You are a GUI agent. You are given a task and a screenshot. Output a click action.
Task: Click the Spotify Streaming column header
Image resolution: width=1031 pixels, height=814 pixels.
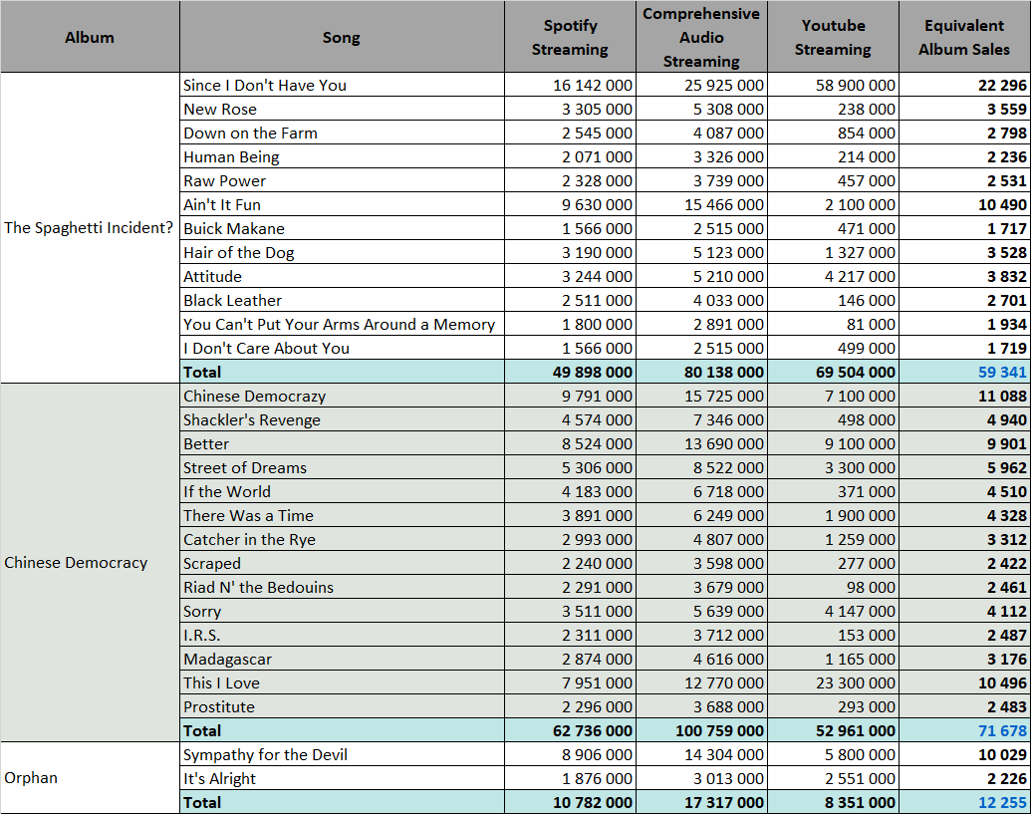570,38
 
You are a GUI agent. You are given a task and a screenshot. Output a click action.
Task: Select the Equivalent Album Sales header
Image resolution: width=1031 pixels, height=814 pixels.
964,38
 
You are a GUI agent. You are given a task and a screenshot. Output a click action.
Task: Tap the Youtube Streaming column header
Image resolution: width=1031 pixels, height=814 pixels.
833,38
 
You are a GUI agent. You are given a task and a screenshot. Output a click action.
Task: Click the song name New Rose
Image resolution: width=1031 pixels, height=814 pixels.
219,110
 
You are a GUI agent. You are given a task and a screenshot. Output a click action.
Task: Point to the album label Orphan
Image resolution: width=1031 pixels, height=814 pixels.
31,778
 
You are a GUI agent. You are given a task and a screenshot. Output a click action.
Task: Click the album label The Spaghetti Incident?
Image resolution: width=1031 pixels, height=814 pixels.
88,228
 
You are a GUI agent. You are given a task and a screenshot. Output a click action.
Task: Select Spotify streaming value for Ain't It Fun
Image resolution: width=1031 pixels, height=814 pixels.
597,204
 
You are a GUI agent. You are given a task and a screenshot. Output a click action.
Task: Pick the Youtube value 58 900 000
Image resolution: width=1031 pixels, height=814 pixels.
856,85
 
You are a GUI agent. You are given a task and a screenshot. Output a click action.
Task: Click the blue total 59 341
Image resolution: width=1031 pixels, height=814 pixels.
1002,373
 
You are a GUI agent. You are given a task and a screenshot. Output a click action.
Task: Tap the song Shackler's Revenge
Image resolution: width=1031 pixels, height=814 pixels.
252,420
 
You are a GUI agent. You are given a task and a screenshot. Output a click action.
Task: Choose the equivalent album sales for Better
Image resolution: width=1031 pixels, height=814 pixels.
1007,443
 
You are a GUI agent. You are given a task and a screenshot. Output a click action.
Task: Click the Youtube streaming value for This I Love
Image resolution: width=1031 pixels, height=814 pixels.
856,683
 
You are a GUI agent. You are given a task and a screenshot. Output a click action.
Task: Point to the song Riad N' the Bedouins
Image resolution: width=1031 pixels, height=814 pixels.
258,587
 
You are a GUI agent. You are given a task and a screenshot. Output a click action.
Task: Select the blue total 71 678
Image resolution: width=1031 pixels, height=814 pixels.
1002,731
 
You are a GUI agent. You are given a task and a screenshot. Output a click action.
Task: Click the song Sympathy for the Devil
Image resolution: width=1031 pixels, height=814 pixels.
265,755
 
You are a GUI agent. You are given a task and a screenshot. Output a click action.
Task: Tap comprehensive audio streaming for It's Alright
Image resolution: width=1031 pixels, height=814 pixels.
728,778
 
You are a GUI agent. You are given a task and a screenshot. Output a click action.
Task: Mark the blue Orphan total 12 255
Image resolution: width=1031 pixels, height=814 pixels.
1002,803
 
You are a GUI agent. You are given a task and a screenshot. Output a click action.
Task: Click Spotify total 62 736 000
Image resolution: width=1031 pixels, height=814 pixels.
593,731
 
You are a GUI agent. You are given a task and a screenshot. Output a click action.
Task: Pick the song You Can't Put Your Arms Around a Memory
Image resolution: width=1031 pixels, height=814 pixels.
340,324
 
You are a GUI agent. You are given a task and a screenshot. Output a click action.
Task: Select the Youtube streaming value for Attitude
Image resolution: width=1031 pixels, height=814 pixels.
860,276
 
